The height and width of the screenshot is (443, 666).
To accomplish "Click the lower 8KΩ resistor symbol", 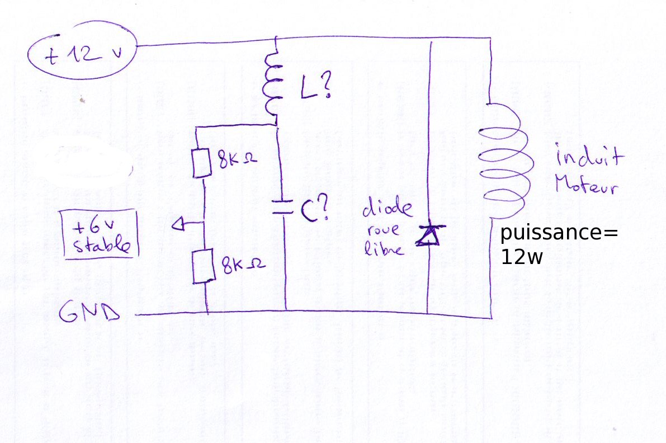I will click(201, 267).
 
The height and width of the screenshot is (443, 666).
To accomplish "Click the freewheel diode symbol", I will click(428, 235).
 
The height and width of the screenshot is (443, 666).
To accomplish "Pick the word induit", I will click(589, 157).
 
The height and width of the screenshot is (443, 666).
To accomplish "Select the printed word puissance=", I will click(559, 234).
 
